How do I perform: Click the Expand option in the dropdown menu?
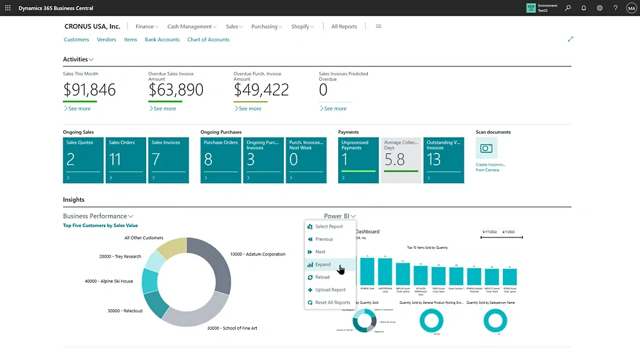323,265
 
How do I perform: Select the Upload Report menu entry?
330,290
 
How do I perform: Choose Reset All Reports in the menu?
332,303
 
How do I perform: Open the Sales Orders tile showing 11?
126,160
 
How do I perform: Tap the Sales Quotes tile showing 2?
83,160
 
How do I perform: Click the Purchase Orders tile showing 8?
220,160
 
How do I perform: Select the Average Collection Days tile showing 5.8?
401,160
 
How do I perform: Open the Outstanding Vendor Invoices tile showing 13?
443,160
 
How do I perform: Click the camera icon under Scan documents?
486,148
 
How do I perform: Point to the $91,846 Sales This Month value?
89,90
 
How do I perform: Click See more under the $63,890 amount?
164,109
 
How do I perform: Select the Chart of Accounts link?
208,40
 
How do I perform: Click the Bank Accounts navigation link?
162,40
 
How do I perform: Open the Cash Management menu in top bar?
192,27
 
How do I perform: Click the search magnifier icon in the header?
568,8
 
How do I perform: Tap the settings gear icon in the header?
600,8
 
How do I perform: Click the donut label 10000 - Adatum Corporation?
258,254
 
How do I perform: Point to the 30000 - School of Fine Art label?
232,328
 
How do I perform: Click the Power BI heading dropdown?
339,216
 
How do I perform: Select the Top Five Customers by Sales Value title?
100,226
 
